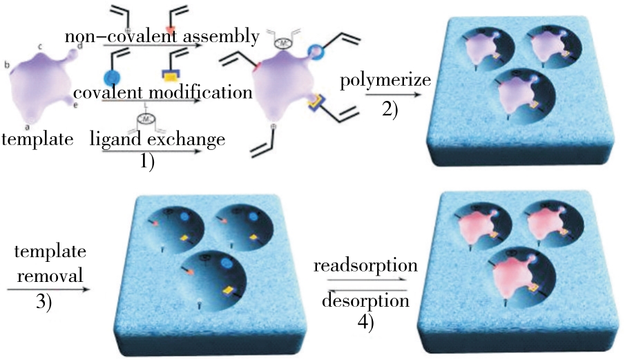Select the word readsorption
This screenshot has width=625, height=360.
[355, 266]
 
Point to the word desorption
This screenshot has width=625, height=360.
[360, 301]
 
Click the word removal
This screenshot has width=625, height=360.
[44, 275]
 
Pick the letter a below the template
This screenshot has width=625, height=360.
[26, 126]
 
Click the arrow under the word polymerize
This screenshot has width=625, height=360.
[385, 97]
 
